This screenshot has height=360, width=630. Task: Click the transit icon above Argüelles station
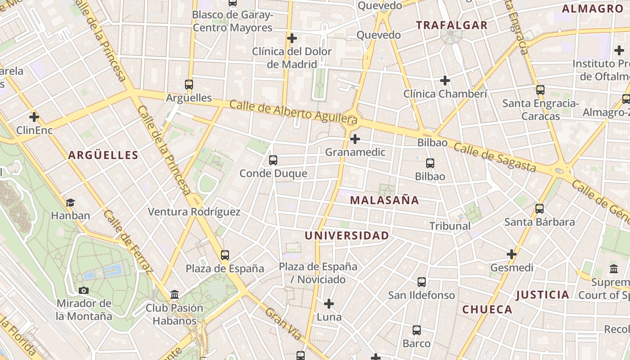click(189, 84)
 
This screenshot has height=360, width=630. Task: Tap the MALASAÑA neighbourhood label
click(384, 200)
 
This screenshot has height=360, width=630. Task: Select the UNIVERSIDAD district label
click(346, 235)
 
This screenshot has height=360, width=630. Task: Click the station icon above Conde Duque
click(273, 160)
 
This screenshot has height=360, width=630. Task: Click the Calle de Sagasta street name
click(495, 157)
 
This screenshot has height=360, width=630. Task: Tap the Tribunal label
click(450, 226)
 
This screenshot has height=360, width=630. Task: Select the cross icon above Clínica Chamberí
click(445, 81)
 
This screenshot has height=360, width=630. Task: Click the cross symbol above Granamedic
click(355, 139)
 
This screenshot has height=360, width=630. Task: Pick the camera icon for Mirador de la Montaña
click(84, 290)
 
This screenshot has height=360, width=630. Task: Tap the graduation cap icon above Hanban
click(70, 202)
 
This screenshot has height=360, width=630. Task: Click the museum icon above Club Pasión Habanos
click(175, 295)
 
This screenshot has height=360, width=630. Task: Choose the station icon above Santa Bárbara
click(540, 209)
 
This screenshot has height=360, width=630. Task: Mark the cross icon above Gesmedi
click(512, 254)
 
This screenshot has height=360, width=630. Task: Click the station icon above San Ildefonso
click(422, 282)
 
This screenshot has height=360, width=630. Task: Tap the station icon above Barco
click(417, 330)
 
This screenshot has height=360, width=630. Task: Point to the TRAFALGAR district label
click(452, 25)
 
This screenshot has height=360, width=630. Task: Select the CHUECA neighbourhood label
click(487, 310)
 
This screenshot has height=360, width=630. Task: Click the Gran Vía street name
click(283, 324)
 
